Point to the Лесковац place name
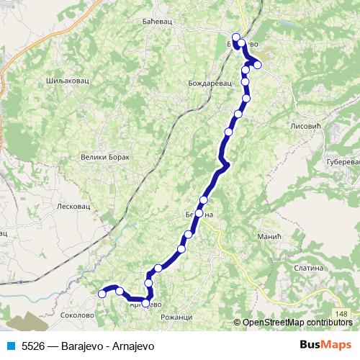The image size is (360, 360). [72, 206]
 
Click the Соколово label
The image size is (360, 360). [77, 315]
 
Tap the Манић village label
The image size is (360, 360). [269, 236]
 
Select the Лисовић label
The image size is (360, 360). [303, 125]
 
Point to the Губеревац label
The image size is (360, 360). [343, 163]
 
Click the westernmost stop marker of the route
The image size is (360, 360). [102, 293]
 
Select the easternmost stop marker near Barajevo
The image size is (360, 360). [257, 66]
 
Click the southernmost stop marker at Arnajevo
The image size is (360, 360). [145, 303]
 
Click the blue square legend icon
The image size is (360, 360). [12, 346]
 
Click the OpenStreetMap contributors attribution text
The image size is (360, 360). [297, 323]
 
